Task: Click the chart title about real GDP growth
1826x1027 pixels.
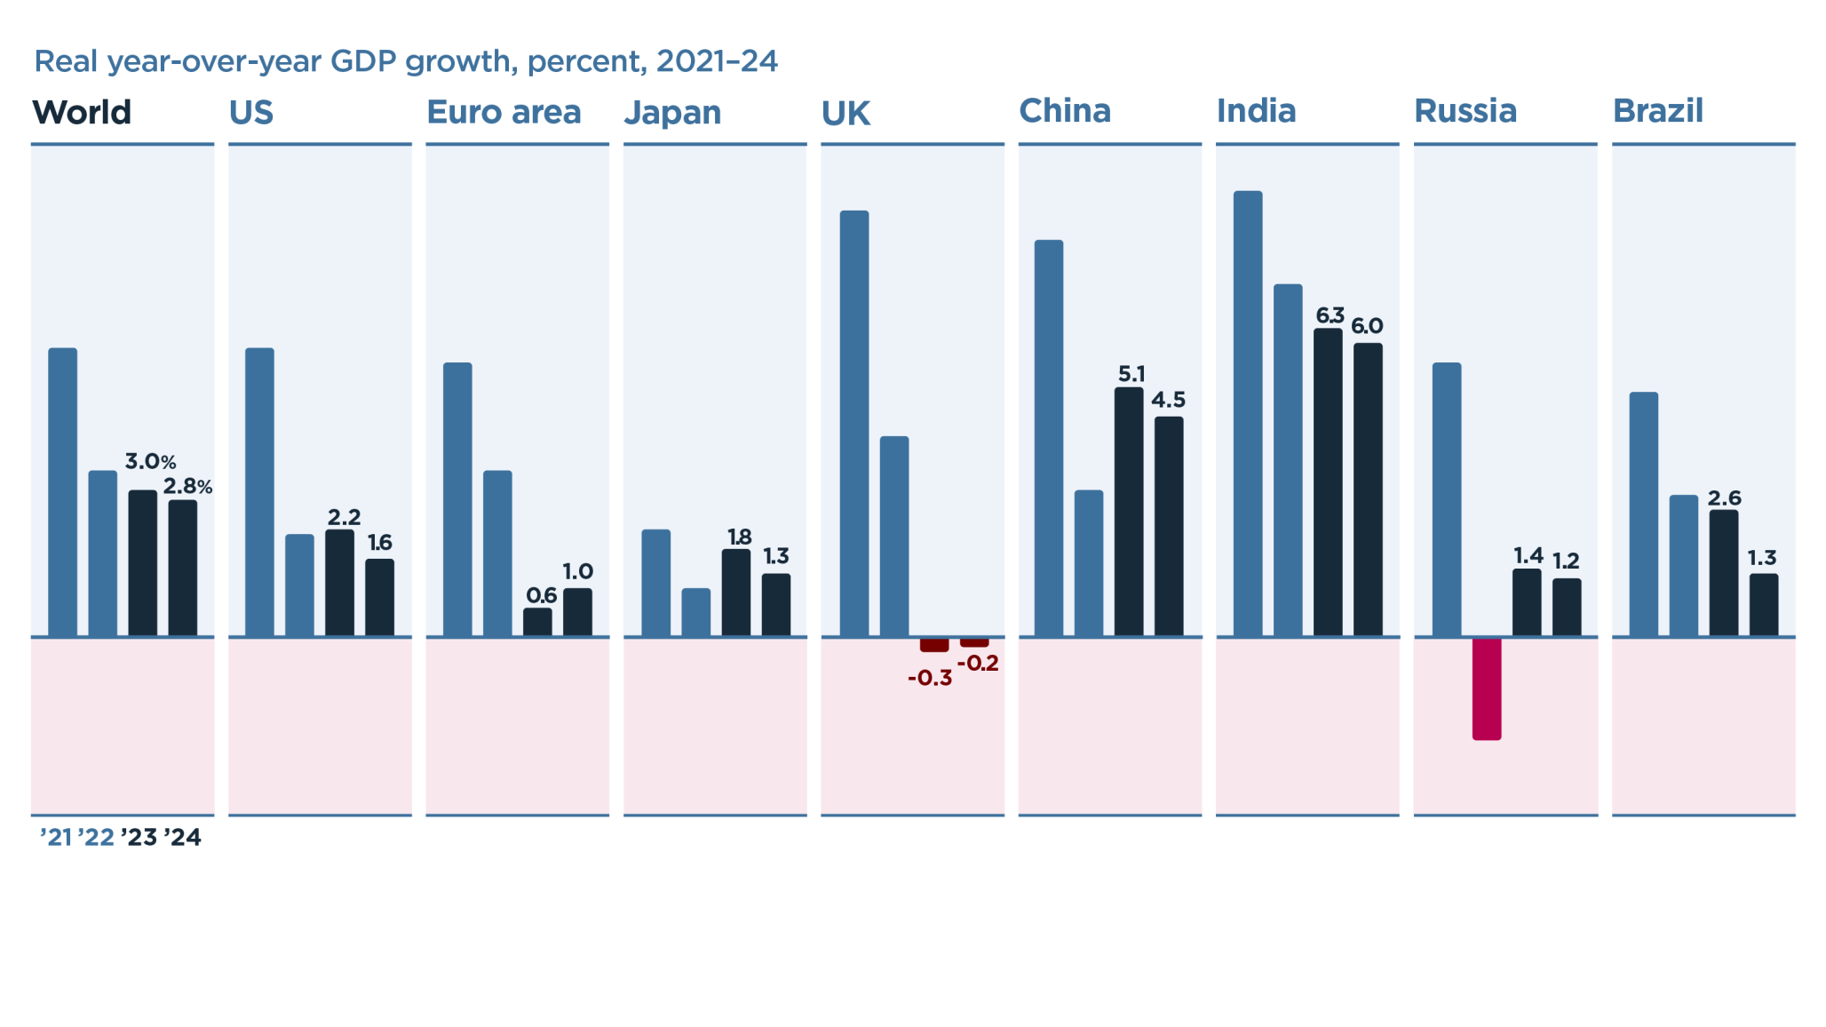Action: pyautogui.click(x=405, y=61)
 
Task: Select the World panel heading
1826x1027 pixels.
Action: pyautogui.click(x=82, y=113)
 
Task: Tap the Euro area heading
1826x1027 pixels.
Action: pyautogui.click(x=504, y=113)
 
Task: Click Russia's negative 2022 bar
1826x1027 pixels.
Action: pyautogui.click(x=1486, y=689)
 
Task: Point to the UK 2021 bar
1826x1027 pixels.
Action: pyautogui.click(x=854, y=424)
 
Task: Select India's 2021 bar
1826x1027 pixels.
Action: pyautogui.click(x=1248, y=413)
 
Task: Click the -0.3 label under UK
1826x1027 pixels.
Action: pyautogui.click(x=929, y=679)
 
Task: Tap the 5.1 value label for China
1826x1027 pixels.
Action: pyautogui.click(x=1131, y=374)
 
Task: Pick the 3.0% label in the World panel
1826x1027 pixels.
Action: pyautogui.click(x=150, y=462)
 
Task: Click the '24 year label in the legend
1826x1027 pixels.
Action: pyautogui.click(x=183, y=838)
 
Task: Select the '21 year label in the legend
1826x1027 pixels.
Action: pyautogui.click(x=56, y=838)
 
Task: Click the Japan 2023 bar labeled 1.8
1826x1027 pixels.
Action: pyautogui.click(x=735, y=593)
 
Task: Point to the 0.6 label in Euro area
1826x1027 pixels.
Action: pyautogui.click(x=541, y=595)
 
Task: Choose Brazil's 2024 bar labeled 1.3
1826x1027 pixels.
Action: pyautogui.click(x=1763, y=605)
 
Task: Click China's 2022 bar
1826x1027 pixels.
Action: pyautogui.click(x=1088, y=563)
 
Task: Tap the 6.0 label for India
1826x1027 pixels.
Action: pyautogui.click(x=1367, y=326)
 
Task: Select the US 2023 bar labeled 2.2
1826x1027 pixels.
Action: pyautogui.click(x=339, y=583)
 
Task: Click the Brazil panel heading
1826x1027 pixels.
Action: pyautogui.click(x=1657, y=111)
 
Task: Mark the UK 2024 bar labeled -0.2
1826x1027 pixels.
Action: pyautogui.click(x=974, y=642)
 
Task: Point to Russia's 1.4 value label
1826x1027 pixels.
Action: pyautogui.click(x=1528, y=556)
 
